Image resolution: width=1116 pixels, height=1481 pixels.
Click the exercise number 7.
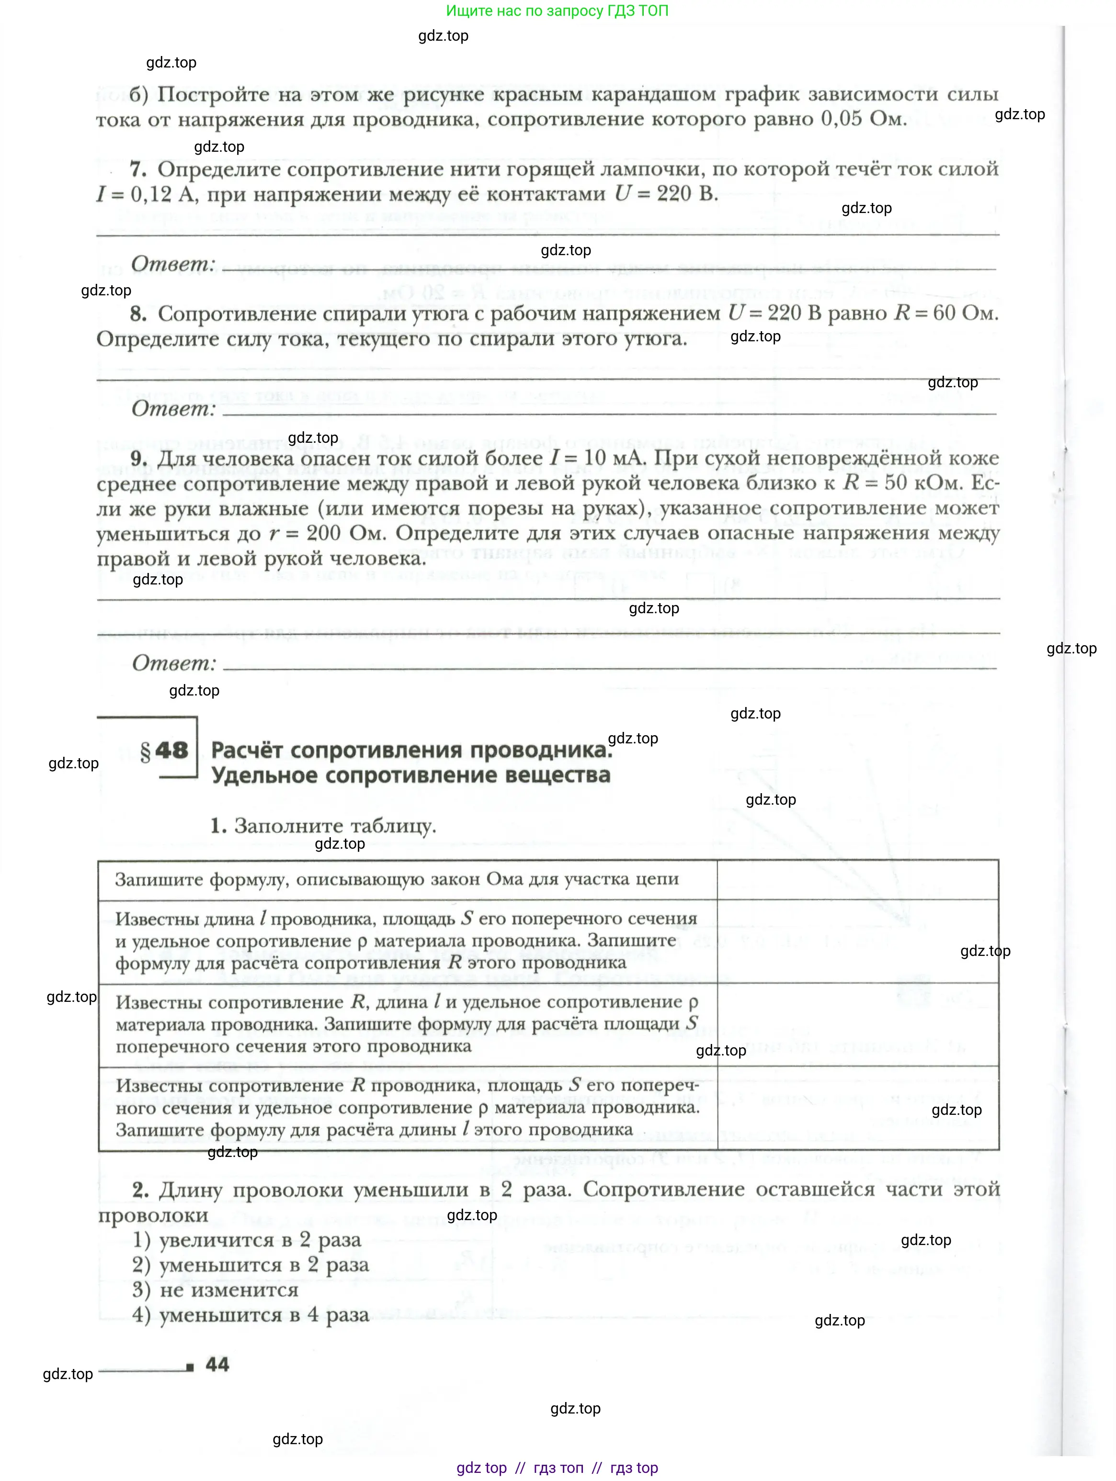tap(137, 169)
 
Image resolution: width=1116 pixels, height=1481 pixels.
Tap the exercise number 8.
tap(138, 314)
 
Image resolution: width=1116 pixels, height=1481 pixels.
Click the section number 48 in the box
tap(171, 751)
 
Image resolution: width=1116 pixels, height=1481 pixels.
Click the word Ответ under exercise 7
tap(173, 264)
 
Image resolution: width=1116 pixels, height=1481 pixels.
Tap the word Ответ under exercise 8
tap(173, 408)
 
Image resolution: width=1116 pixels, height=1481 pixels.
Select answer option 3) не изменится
tap(215, 1290)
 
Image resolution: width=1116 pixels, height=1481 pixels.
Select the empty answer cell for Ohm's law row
tap(857, 880)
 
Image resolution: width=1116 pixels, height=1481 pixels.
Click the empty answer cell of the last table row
tap(857, 1108)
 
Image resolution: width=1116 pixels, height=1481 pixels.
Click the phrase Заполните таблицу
tap(334, 826)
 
